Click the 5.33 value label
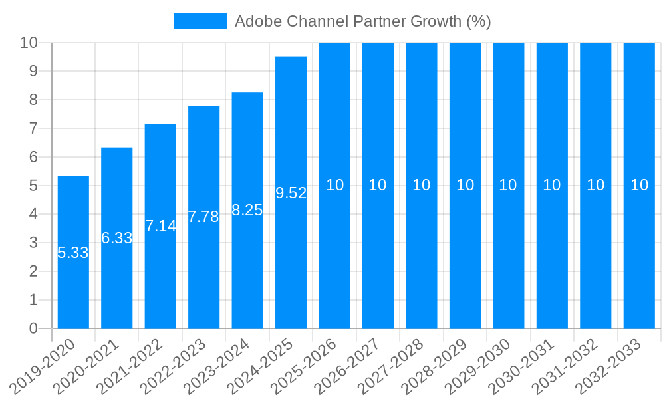(x=73, y=253)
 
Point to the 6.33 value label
(x=117, y=238)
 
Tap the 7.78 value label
(x=203, y=217)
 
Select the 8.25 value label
(x=247, y=210)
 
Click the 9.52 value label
(x=291, y=193)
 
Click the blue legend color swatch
(x=199, y=21)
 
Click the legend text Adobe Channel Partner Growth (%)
(x=363, y=21)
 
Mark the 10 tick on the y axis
(x=29, y=43)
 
